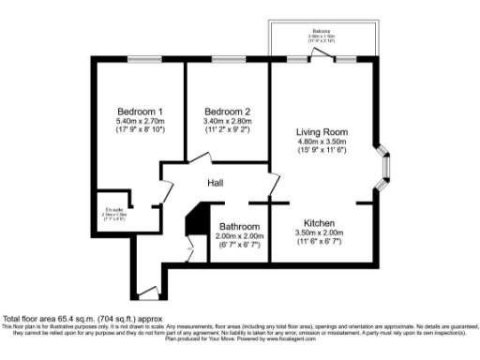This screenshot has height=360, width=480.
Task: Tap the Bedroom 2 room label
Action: tap(227, 111)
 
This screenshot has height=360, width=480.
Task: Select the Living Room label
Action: tap(322, 131)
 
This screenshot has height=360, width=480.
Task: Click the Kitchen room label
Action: tap(319, 222)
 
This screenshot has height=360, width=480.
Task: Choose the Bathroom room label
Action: tap(240, 226)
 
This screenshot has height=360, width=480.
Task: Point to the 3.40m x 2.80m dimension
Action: tap(227, 121)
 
